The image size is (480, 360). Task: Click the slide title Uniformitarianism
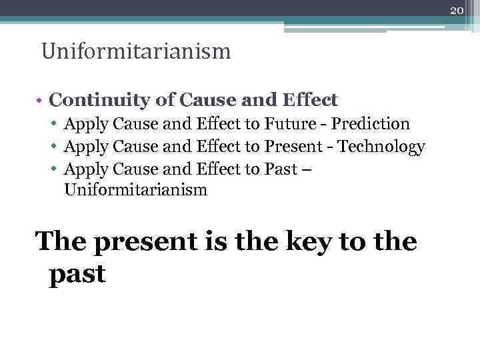click(136, 51)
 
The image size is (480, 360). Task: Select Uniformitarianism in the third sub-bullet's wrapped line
click(135, 191)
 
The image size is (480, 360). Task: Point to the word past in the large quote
click(77, 274)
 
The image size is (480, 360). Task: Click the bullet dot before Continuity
click(41, 101)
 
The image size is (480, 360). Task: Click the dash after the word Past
click(306, 169)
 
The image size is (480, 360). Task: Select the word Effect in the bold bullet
click(310, 101)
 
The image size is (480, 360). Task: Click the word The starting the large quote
click(62, 241)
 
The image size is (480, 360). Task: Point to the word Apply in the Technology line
click(87, 147)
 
